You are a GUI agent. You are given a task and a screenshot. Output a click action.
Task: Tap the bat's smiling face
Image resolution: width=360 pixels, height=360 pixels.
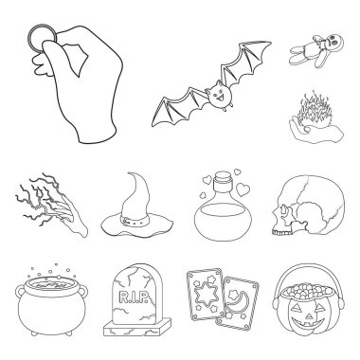click(218, 95)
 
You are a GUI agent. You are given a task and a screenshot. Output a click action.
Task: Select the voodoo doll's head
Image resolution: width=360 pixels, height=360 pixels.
click(335, 41)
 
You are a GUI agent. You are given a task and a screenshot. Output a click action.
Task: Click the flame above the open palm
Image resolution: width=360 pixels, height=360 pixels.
click(312, 111)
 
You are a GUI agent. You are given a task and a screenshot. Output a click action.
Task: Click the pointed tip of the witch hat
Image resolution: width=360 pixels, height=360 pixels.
click(131, 173)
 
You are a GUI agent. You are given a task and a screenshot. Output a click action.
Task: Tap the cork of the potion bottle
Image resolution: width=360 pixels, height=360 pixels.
click(224, 177)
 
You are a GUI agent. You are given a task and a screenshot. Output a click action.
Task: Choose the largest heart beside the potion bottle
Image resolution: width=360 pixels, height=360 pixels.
click(243, 189)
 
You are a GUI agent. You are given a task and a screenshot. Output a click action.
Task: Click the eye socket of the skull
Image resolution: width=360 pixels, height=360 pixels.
click(283, 209)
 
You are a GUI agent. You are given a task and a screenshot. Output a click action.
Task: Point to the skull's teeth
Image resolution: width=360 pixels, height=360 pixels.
click(282, 233)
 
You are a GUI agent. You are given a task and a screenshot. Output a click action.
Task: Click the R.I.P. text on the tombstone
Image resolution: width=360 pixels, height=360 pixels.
click(134, 297)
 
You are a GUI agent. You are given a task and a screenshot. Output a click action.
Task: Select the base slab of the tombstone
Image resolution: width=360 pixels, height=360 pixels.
click(137, 327)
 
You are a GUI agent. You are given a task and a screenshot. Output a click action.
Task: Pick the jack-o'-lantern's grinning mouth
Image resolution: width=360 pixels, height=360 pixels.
click(308, 323)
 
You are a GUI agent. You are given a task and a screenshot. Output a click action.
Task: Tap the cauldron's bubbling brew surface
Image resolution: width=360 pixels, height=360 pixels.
click(50, 284)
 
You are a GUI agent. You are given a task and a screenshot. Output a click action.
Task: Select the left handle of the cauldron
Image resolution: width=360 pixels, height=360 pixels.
click(20, 292)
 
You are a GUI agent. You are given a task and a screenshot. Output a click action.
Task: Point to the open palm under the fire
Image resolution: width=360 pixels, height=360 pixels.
click(315, 132)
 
